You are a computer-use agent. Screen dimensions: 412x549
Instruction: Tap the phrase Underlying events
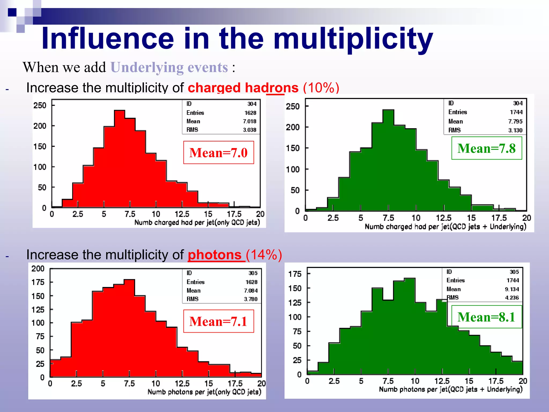[x=169, y=67]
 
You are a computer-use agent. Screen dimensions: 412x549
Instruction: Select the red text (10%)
[x=321, y=88]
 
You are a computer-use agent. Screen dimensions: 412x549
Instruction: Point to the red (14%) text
[x=264, y=255]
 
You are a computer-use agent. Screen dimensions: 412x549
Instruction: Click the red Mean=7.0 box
[x=218, y=152]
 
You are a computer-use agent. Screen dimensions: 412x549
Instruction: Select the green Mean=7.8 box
[x=487, y=148]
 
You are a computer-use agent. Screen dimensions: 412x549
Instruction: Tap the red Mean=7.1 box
[x=218, y=321]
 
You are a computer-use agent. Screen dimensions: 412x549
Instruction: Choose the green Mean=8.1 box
[x=487, y=317]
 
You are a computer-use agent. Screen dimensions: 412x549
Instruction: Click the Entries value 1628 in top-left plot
[x=250, y=113]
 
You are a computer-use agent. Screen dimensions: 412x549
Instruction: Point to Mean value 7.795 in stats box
[x=515, y=122]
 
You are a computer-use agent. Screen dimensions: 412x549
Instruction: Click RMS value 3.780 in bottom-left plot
[x=250, y=299]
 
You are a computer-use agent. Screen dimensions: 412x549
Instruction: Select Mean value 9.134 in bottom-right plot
[x=512, y=289]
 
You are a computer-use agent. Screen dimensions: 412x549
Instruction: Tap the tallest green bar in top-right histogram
[x=388, y=161]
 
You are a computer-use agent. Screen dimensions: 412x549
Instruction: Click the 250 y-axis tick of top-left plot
[x=40, y=105]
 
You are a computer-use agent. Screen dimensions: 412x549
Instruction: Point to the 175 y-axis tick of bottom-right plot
[x=295, y=274]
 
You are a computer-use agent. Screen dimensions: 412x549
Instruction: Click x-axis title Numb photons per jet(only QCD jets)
[x=204, y=392]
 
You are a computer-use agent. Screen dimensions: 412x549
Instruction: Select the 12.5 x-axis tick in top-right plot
[x=443, y=218]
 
